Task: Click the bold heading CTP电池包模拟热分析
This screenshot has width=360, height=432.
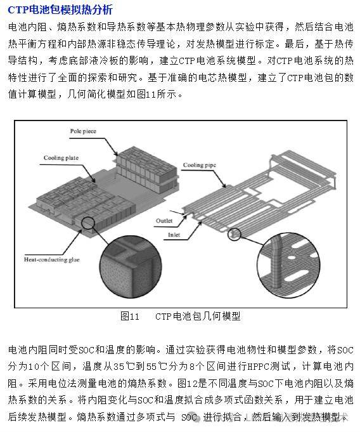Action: click(x=60, y=10)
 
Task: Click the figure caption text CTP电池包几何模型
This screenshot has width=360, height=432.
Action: click(x=198, y=316)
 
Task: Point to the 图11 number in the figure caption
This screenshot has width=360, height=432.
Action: click(x=129, y=316)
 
